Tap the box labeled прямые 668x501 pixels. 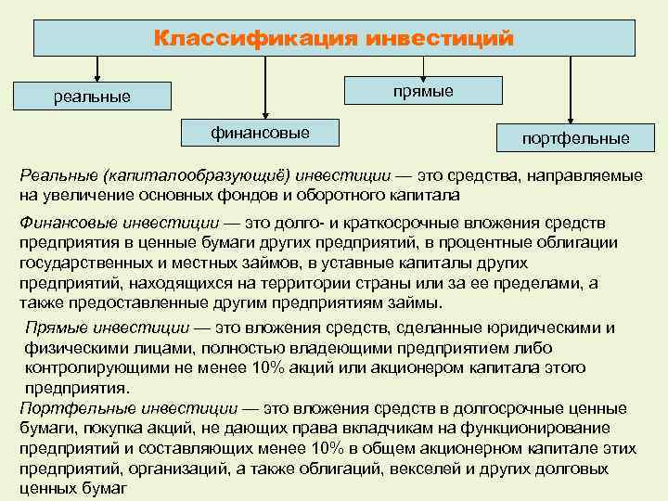[423, 90]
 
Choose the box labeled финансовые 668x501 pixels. [261, 134]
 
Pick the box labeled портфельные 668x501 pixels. [575, 138]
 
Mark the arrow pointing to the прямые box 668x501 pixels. [423, 67]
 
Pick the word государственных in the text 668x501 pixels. [77, 263]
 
